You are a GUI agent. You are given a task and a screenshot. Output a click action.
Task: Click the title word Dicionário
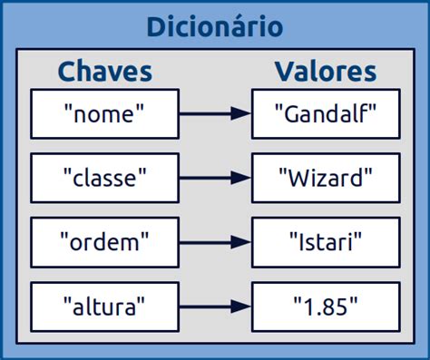click(215, 26)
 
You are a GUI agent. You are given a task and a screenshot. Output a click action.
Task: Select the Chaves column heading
click(105, 72)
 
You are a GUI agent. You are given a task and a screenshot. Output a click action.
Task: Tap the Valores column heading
click(325, 72)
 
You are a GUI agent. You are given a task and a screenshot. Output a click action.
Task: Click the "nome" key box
click(105, 113)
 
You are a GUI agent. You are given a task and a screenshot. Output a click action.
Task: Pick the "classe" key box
click(105, 178)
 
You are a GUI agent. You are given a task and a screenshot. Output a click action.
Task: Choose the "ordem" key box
click(105, 242)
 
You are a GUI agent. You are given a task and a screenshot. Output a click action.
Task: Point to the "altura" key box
click(105, 306)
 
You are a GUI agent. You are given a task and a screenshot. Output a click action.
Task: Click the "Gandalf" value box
click(325, 113)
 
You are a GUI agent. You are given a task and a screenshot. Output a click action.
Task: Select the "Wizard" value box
click(325, 178)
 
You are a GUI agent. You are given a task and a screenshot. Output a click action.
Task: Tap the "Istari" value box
click(325, 242)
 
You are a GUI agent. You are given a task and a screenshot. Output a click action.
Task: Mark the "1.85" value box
click(325, 306)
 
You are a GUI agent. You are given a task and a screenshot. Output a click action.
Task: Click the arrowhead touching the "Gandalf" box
click(241, 113)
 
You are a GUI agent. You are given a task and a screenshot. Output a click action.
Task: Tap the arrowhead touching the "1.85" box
click(241, 306)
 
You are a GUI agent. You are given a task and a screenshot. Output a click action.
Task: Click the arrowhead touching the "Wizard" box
click(241, 178)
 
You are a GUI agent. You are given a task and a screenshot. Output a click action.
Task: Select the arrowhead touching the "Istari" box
click(241, 242)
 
